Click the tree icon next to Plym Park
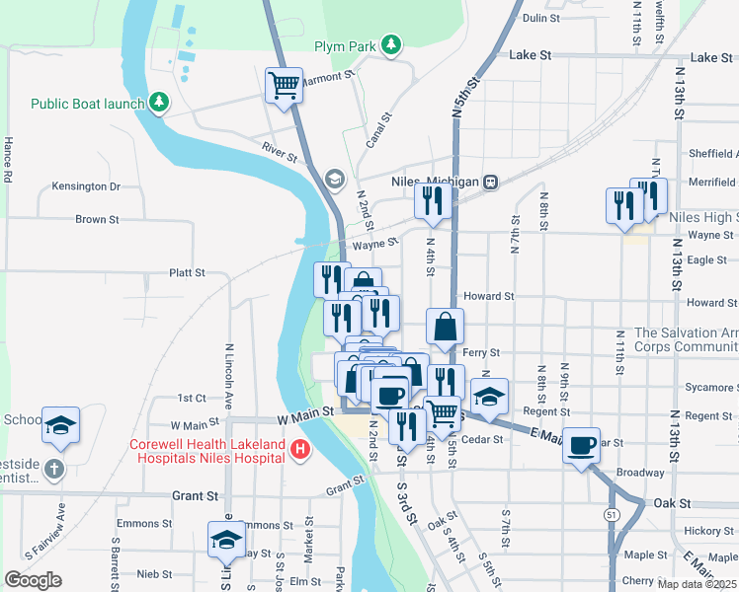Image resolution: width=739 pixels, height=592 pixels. (392, 45)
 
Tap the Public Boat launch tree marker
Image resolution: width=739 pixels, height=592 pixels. (157, 103)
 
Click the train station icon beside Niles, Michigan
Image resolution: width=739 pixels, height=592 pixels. (489, 182)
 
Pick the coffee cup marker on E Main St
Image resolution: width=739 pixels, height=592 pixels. (581, 444)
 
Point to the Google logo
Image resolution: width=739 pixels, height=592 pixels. (33, 579)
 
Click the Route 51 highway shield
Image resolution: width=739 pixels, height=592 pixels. (613, 514)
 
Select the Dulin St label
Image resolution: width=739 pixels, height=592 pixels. (540, 18)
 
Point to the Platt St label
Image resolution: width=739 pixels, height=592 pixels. (187, 272)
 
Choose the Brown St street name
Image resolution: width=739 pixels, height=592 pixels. (97, 219)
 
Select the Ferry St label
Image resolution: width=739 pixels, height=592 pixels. (482, 352)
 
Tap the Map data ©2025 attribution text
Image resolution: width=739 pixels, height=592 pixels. (698, 584)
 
